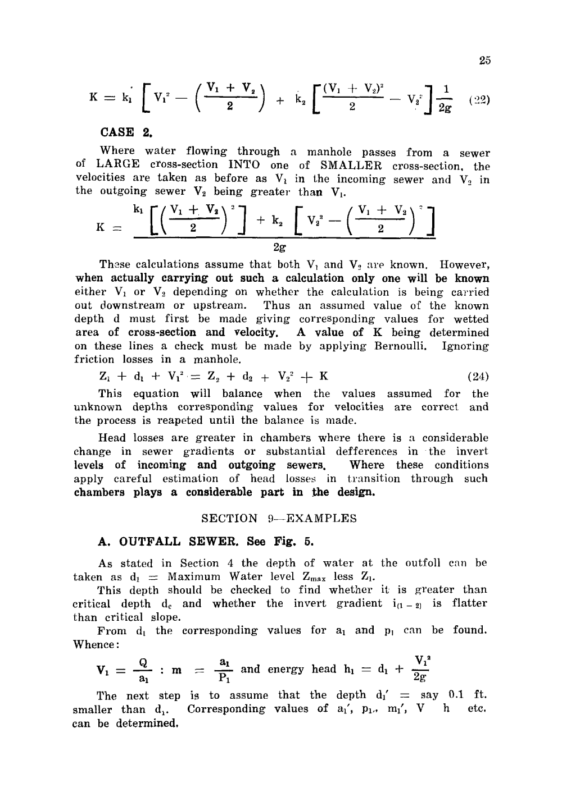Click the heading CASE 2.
(x=126, y=132)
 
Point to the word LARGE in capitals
(x=117, y=165)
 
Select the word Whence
(x=93, y=644)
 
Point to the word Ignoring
(x=465, y=346)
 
